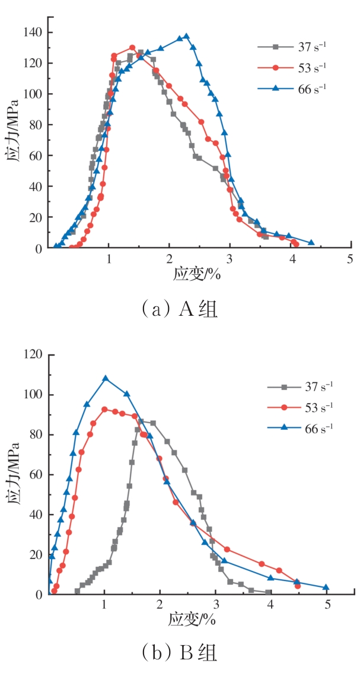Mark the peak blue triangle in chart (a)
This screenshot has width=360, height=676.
point(186,36)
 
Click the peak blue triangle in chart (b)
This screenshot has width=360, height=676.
point(106,378)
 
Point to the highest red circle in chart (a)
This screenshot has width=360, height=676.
point(132,47)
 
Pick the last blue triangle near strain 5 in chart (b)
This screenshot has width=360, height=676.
point(326,588)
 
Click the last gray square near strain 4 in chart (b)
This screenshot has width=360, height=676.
point(269,592)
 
